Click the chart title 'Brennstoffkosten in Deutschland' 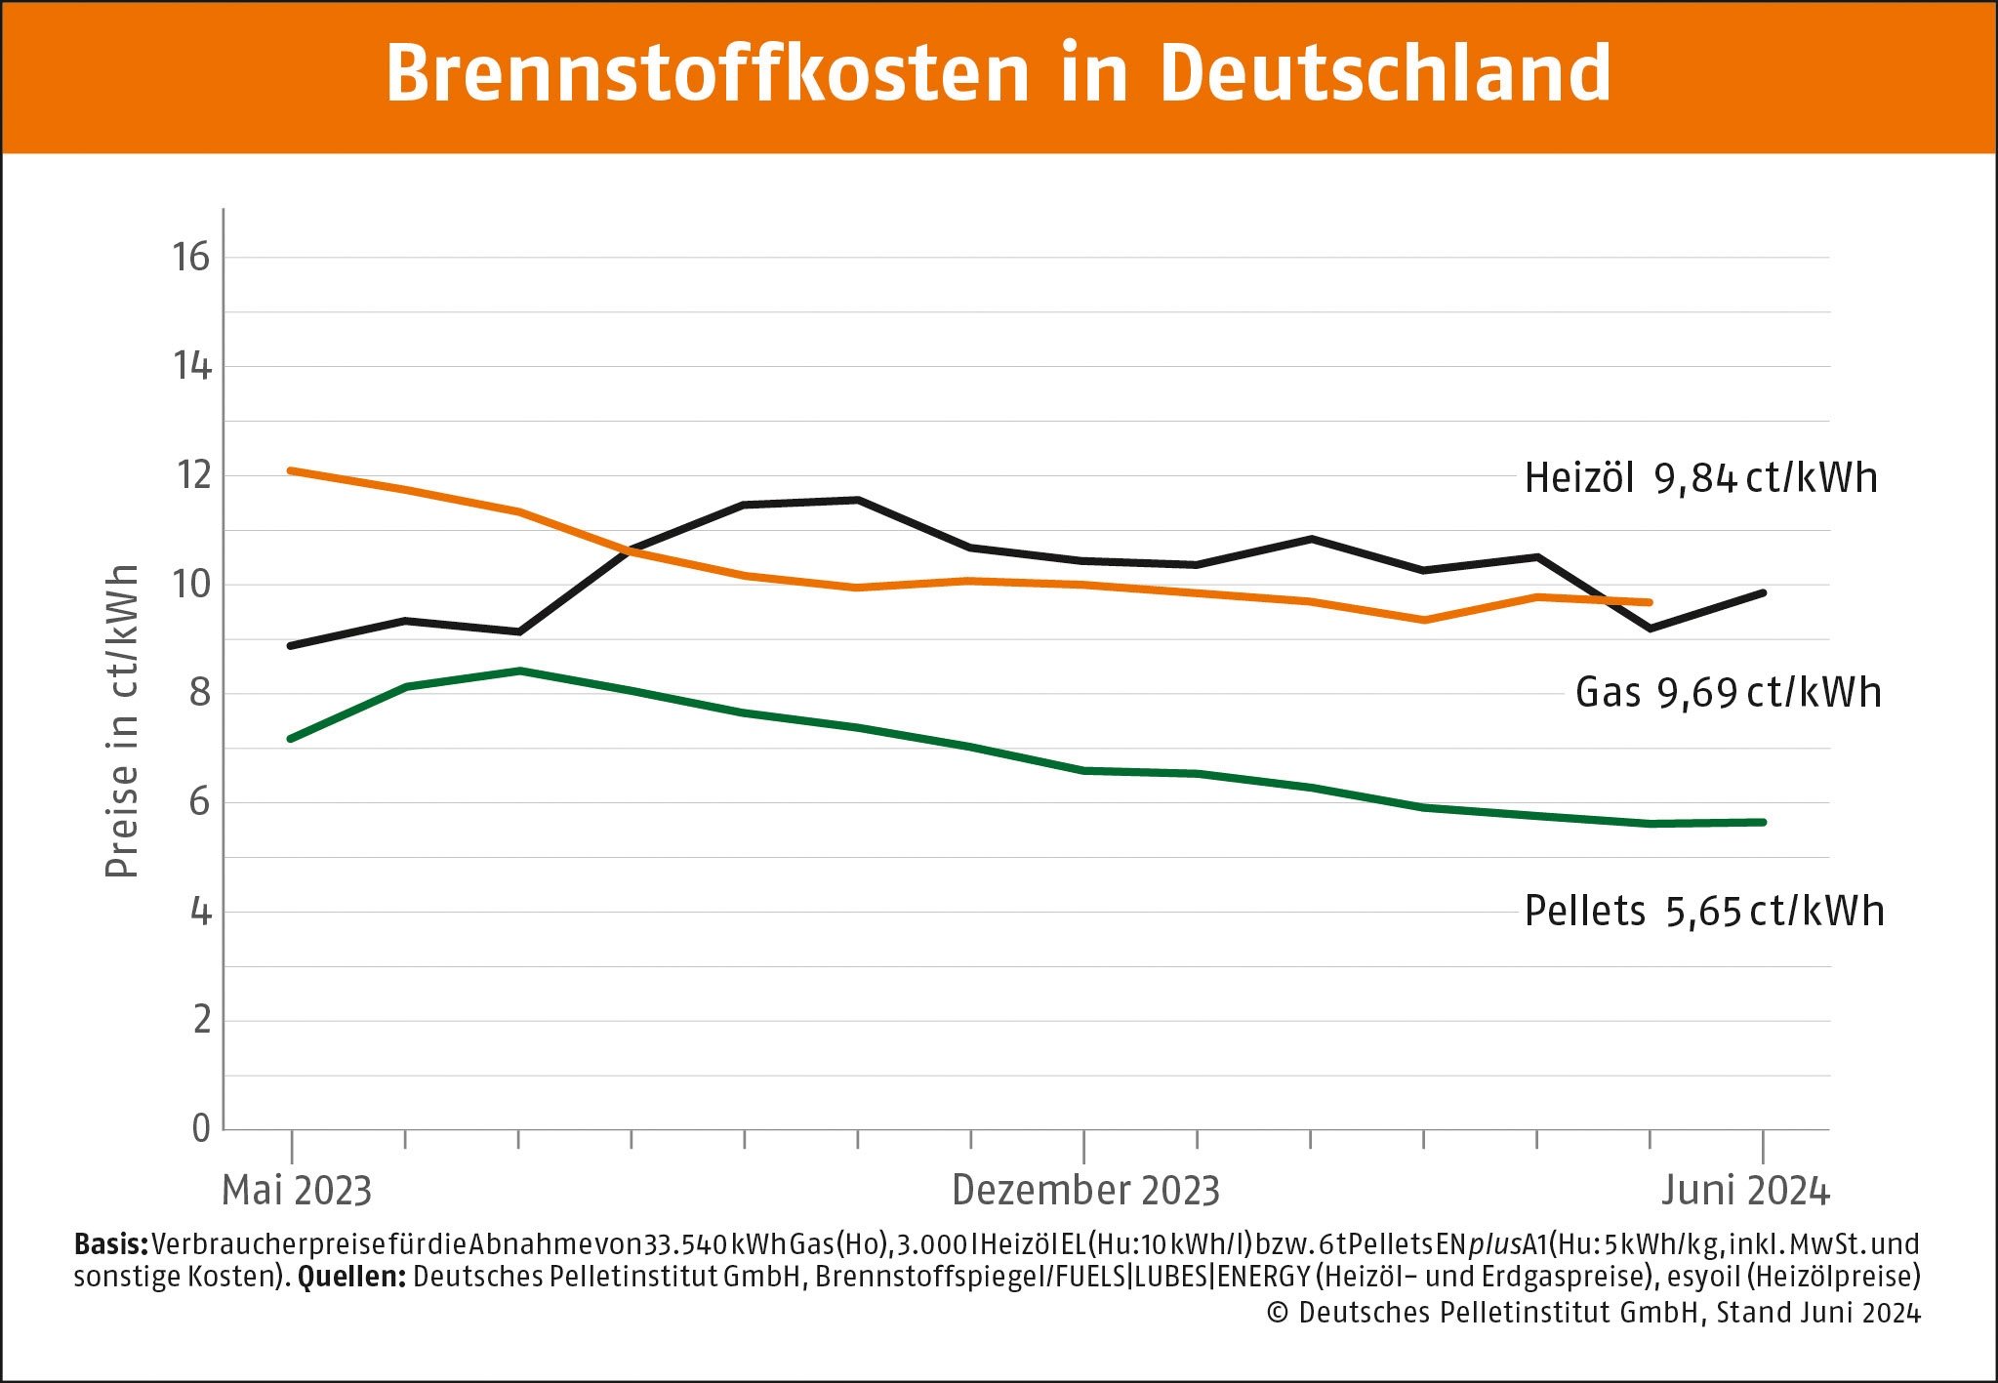click(x=998, y=73)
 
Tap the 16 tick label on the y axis click(x=191, y=258)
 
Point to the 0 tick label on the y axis click(x=201, y=1128)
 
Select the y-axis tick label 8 click(x=200, y=693)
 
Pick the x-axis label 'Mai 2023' click(x=297, y=1191)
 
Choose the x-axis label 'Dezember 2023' click(x=1085, y=1191)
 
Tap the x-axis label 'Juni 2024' click(x=1745, y=1191)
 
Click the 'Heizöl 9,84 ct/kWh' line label click(x=1700, y=478)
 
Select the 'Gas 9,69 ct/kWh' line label click(x=1728, y=693)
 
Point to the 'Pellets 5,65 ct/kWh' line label click(x=1704, y=911)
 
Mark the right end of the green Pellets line click(x=1763, y=823)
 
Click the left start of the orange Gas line click(x=291, y=470)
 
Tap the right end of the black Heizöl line click(x=1763, y=592)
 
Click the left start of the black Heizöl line click(x=291, y=646)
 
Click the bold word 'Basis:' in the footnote click(x=110, y=1244)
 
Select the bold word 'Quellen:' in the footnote click(x=351, y=1277)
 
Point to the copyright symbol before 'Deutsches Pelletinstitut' click(x=1278, y=1313)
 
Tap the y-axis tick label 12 click(x=192, y=475)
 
